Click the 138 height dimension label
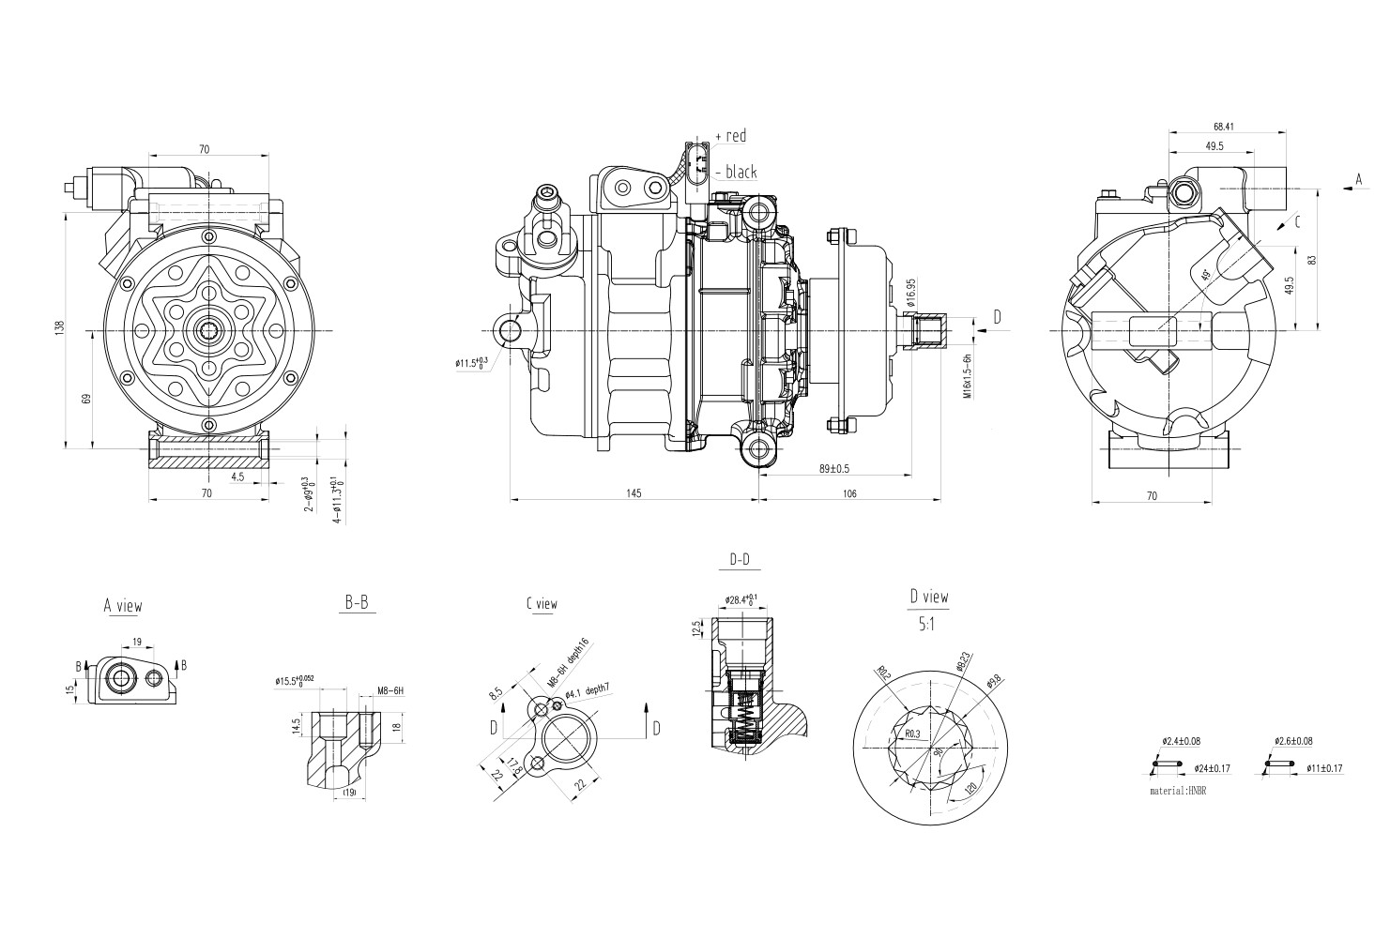pos(60,328)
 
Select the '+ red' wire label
pos(731,136)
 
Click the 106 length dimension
pos(849,494)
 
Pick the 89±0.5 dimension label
pos(833,469)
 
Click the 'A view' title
pos(123,606)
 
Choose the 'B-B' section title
pos(356,604)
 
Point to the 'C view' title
pos(542,604)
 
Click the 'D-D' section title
pos(740,561)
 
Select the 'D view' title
pos(928,597)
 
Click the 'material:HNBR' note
pos(1177,792)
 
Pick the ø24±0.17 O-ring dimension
pos(1214,769)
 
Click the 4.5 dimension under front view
pos(237,477)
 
